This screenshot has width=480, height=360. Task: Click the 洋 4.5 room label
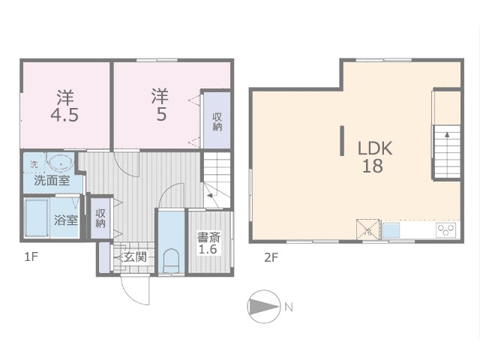tap(64, 106)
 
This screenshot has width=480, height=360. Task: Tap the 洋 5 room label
tap(160, 105)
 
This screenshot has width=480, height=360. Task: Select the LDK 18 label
tap(375, 157)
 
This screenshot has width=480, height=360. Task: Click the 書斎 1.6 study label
tap(208, 243)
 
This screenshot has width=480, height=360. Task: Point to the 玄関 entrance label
tap(135, 256)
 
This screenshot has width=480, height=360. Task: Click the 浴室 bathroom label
tap(65, 220)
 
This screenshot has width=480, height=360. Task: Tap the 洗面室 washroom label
tap(52, 181)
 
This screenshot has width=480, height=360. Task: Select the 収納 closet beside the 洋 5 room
tap(217, 121)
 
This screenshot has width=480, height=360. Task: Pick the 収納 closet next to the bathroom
tap(100, 218)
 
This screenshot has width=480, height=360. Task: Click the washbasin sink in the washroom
tap(60, 163)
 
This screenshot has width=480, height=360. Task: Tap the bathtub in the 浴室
tap(37, 217)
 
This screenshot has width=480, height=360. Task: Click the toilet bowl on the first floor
tap(171, 261)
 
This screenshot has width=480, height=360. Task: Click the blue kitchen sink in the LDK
tap(391, 230)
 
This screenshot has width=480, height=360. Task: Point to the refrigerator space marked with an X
tap(368, 229)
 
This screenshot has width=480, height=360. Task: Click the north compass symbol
tap(264, 307)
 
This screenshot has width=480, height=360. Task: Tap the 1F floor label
tap(31, 257)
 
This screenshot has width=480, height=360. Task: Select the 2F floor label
tap(271, 258)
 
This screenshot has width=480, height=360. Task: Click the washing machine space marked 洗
tap(34, 163)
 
